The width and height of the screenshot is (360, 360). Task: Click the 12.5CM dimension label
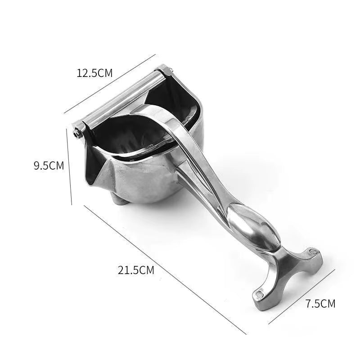point(94,73)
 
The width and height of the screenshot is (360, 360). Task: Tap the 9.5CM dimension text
point(49,166)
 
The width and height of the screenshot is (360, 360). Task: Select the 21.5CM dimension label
point(136,270)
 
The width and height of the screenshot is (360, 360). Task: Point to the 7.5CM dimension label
point(320,303)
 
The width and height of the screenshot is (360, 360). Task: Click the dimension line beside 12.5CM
point(110,84)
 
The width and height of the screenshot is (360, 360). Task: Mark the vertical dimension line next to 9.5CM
point(69,166)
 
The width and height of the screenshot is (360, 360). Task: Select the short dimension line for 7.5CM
point(301,297)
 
